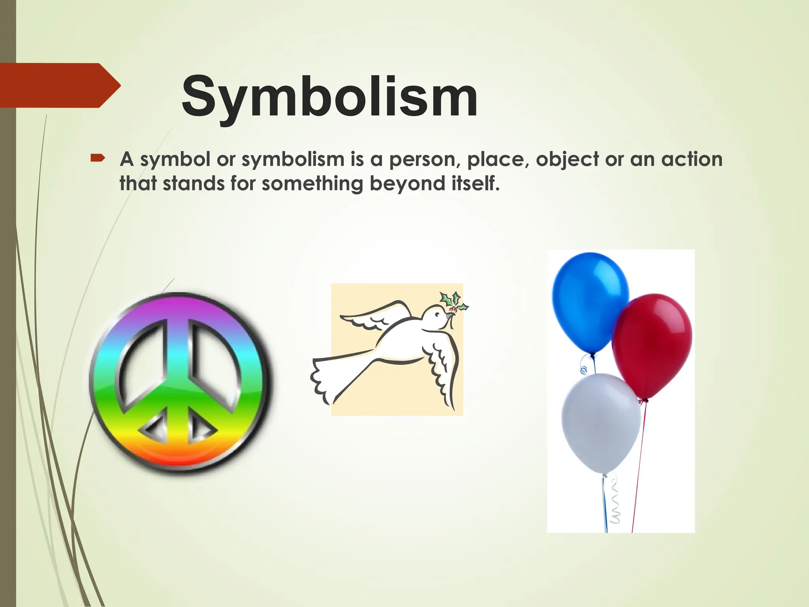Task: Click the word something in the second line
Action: (x=312, y=184)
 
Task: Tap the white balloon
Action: (x=600, y=423)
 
